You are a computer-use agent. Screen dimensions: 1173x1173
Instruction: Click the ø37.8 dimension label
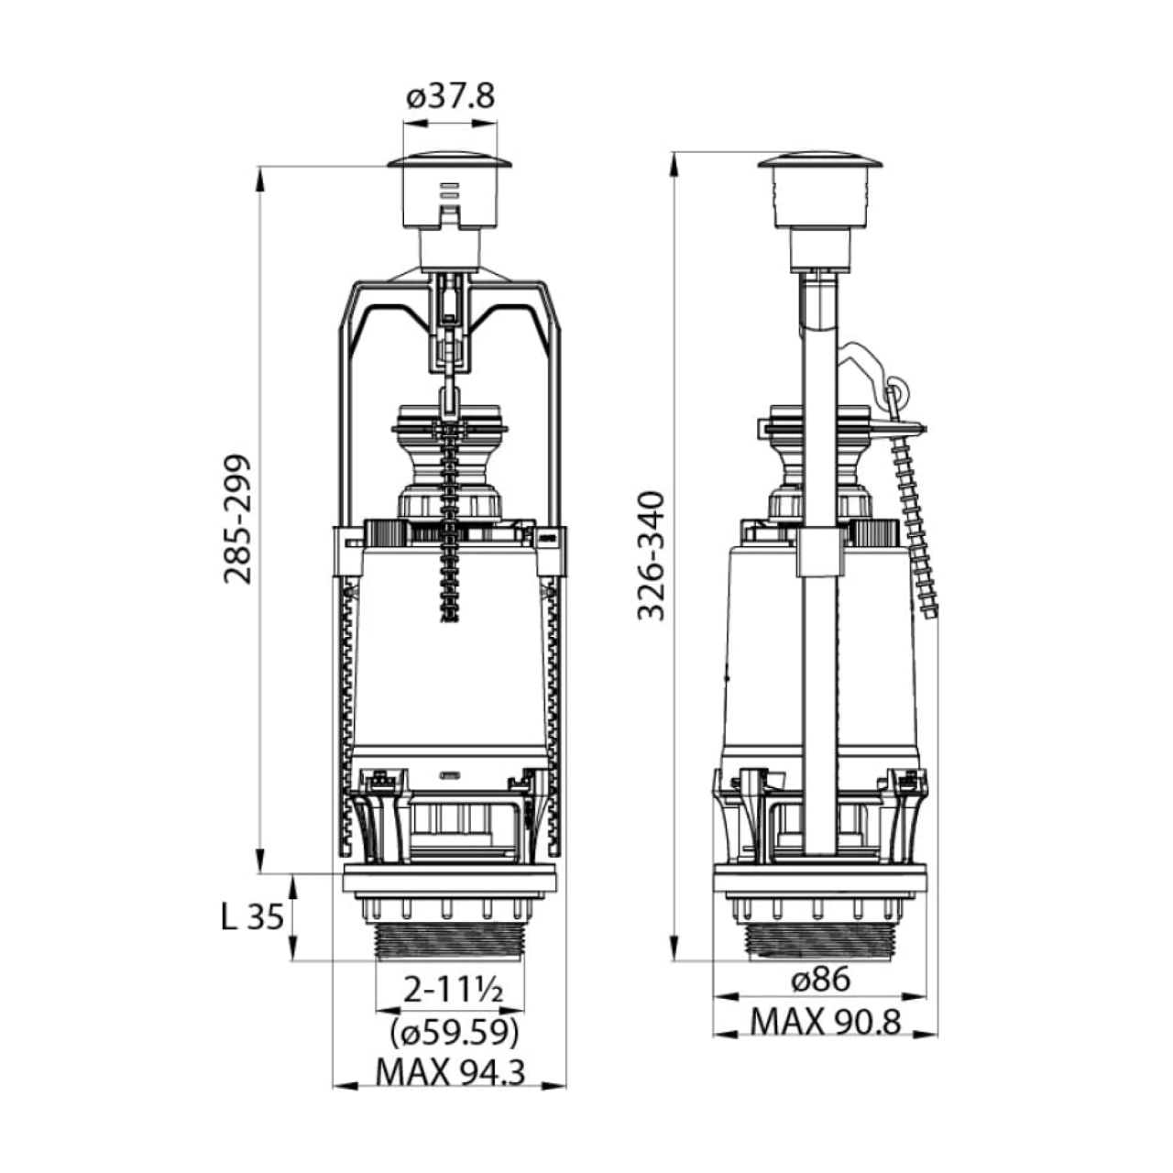[x=451, y=97]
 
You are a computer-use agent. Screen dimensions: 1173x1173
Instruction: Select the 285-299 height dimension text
[x=236, y=520]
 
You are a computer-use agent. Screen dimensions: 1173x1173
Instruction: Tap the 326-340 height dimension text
[x=651, y=555]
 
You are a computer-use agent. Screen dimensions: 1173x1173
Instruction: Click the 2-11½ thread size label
[x=454, y=992]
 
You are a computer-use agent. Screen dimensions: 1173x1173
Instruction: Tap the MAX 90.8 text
[x=825, y=1022]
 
